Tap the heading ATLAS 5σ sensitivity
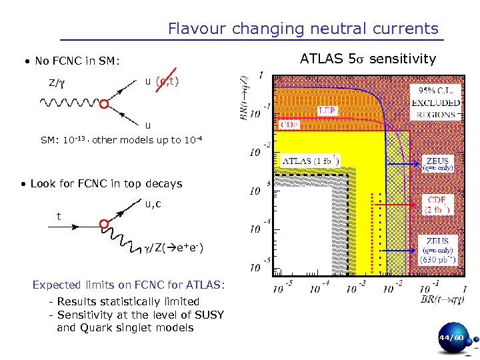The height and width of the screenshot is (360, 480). pos(367,59)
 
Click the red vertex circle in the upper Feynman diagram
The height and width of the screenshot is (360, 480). pos(104,104)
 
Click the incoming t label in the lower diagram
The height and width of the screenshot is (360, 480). pos(58,216)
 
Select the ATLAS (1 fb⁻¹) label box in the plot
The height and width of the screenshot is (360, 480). pos(311,161)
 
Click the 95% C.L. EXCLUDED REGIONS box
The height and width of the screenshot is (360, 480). pos(435,102)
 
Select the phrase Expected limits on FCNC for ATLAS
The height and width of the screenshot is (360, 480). pos(129,285)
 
